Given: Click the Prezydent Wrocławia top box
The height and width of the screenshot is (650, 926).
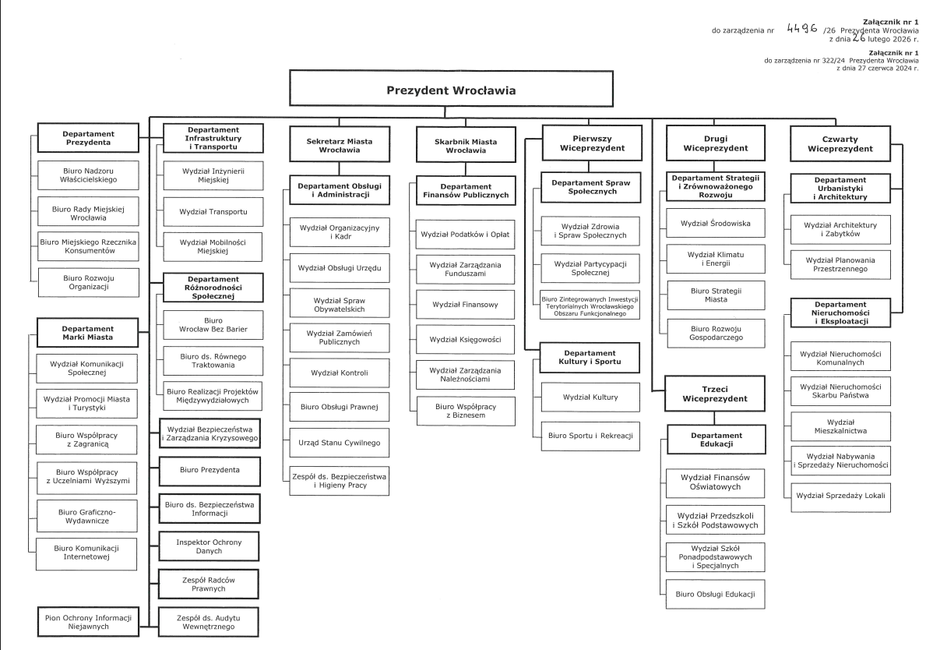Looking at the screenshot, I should coord(451,90).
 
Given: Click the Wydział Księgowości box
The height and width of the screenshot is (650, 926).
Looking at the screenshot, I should coord(466,340).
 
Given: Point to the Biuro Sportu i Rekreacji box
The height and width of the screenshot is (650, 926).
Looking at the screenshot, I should coord(590,435).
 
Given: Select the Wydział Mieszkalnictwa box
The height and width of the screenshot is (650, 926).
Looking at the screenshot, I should coord(841,424).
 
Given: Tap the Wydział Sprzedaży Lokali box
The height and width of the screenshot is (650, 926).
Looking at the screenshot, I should coord(841,496).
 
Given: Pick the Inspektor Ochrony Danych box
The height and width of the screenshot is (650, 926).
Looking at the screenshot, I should coord(209,545).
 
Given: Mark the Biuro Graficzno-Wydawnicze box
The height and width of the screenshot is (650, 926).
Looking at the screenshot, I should coord(86,515).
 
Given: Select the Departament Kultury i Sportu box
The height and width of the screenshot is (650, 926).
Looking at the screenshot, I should coord(590,358).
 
